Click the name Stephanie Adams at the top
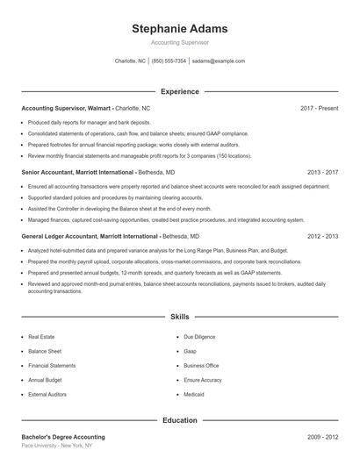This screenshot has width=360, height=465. pyautogui.click(x=180, y=28)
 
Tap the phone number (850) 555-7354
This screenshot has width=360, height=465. pyautogui.click(x=169, y=61)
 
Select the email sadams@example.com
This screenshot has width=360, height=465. pyautogui.click(x=218, y=61)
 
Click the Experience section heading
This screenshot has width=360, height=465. pyautogui.click(x=180, y=91)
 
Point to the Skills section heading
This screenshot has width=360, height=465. pyautogui.click(x=180, y=316)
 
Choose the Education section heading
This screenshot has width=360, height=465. pyautogui.click(x=180, y=420)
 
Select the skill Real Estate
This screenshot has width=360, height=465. pyautogui.click(x=41, y=337)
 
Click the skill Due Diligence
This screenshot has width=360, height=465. pyautogui.click(x=198, y=337)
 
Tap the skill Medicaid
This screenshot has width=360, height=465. pyautogui.click(x=195, y=395)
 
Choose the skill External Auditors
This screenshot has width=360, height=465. pyautogui.click(x=47, y=395)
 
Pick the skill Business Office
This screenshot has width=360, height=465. pyautogui.click(x=201, y=366)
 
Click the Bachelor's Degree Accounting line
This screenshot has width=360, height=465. pyautogui.click(x=62, y=436)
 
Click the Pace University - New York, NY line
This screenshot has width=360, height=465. pyautogui.click(x=56, y=446)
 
